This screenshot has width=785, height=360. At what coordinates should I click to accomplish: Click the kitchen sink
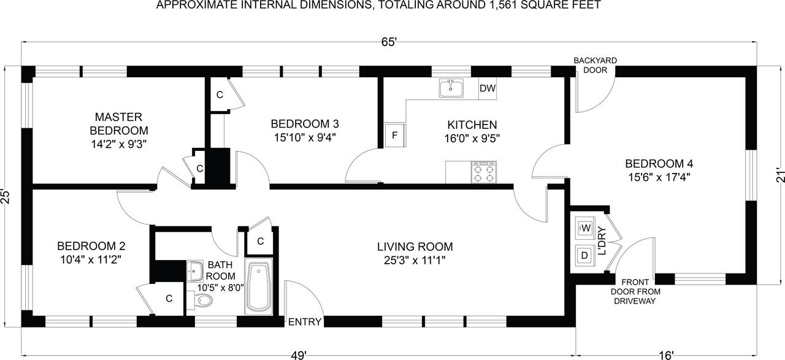tap(451, 88)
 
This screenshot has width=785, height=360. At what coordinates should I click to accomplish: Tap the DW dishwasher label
tap(488, 88)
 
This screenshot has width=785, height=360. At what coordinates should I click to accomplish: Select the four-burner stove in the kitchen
tap(484, 172)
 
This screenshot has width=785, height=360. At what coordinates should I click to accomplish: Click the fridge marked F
tap(395, 136)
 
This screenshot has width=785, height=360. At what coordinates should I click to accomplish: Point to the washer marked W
tap(585, 228)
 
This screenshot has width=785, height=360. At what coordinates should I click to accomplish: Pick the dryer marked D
tap(584, 255)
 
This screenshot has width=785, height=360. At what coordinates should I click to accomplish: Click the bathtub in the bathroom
tap(258, 286)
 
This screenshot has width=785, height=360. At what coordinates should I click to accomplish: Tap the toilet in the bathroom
tap(200, 300)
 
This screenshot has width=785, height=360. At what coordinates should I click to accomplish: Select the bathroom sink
tap(194, 271)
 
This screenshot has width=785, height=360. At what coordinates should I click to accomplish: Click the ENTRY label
tap(305, 322)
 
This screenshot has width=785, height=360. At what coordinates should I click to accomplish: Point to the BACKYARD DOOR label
tap(595, 65)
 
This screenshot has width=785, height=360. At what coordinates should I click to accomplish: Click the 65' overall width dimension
tap(389, 42)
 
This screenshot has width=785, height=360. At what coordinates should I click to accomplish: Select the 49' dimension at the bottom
tap(299, 355)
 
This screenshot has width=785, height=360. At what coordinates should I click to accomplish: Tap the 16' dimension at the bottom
tap(666, 355)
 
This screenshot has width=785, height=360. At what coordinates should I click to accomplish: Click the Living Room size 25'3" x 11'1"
tap(415, 261)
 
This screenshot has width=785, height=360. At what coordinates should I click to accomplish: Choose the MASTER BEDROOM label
tap(119, 123)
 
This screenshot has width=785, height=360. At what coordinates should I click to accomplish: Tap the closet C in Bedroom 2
tap(169, 298)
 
